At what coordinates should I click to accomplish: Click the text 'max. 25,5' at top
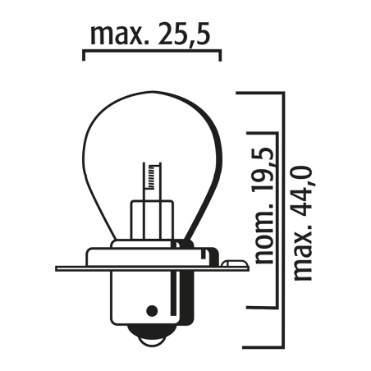click(x=153, y=36)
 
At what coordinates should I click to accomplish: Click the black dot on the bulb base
click(x=151, y=311)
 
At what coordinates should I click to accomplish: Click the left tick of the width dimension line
click(x=85, y=55)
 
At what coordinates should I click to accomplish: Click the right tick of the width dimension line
click(x=220, y=55)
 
